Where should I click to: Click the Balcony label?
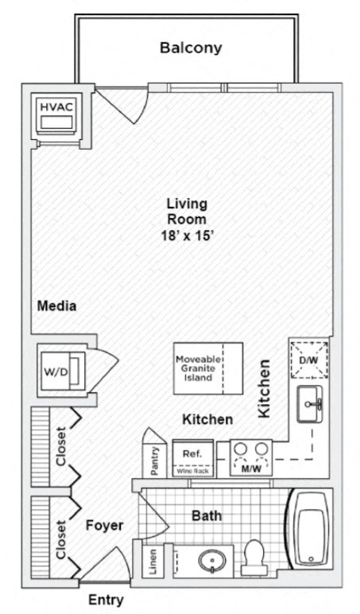point(191,48)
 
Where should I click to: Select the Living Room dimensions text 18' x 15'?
point(187,236)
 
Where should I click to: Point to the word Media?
point(57,305)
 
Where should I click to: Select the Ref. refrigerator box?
point(192,454)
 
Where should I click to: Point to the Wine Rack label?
point(192,472)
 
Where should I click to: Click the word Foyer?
point(104,526)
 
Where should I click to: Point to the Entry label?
point(106,599)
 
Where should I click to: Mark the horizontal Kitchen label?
point(207,419)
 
